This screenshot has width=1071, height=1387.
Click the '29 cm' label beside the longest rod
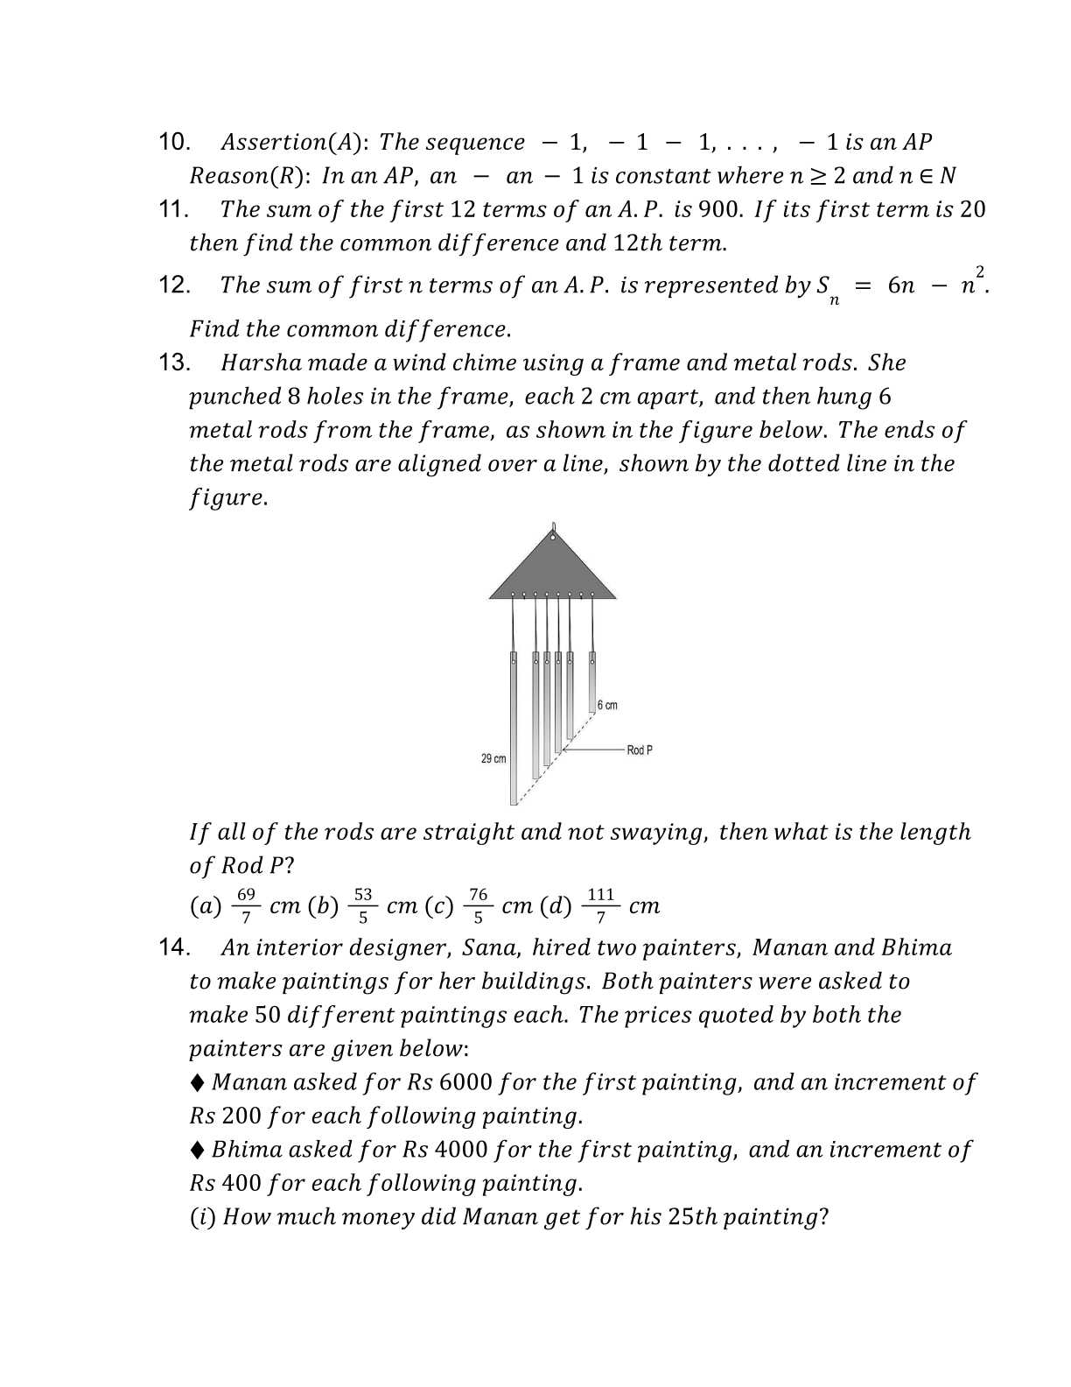tap(493, 758)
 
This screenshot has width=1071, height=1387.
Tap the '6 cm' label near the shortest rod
tap(607, 705)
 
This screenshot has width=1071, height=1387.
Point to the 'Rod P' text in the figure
tap(640, 750)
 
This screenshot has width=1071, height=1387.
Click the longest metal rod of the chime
tap(514, 727)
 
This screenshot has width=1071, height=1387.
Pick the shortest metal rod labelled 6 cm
tap(592, 680)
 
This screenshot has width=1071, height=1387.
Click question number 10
tap(174, 142)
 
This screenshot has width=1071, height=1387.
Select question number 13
tap(174, 363)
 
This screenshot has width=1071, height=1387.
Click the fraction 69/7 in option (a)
tap(247, 905)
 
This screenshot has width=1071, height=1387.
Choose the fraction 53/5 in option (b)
tap(363, 905)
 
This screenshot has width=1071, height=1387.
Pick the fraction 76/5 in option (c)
tap(479, 905)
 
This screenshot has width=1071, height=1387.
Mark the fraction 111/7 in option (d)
tap(601, 905)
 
